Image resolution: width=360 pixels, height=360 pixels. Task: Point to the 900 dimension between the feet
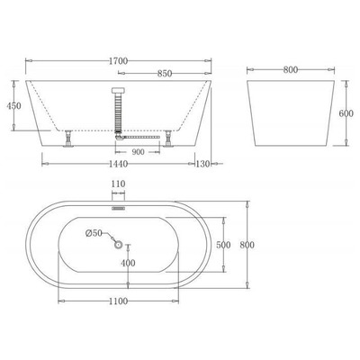pyautogui.click(x=138, y=151)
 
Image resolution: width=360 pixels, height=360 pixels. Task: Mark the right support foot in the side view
pyautogui.click(x=168, y=140)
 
